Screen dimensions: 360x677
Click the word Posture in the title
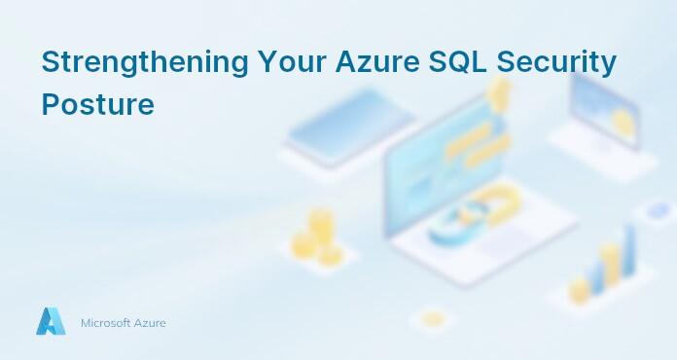click(x=97, y=103)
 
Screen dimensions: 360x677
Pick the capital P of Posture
click(x=50, y=103)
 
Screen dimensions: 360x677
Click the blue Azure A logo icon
click(x=50, y=321)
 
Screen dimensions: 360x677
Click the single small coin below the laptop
click(x=431, y=318)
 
